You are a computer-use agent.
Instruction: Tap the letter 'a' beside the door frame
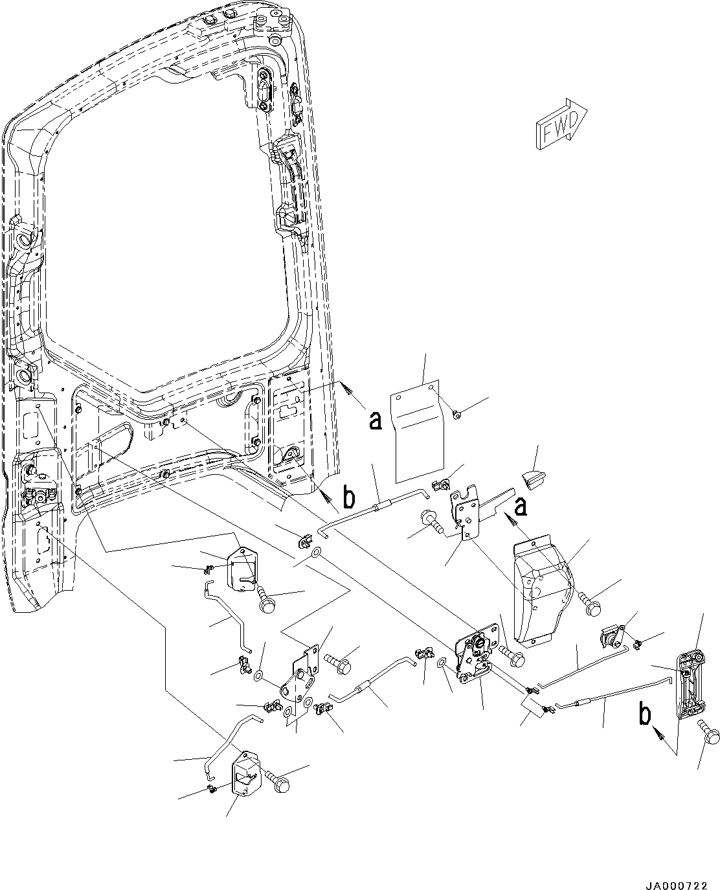tap(375, 421)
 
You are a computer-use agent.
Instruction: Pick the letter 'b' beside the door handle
tap(645, 716)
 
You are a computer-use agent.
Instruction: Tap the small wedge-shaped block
tap(535, 479)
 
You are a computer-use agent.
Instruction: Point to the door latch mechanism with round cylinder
tap(477, 655)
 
